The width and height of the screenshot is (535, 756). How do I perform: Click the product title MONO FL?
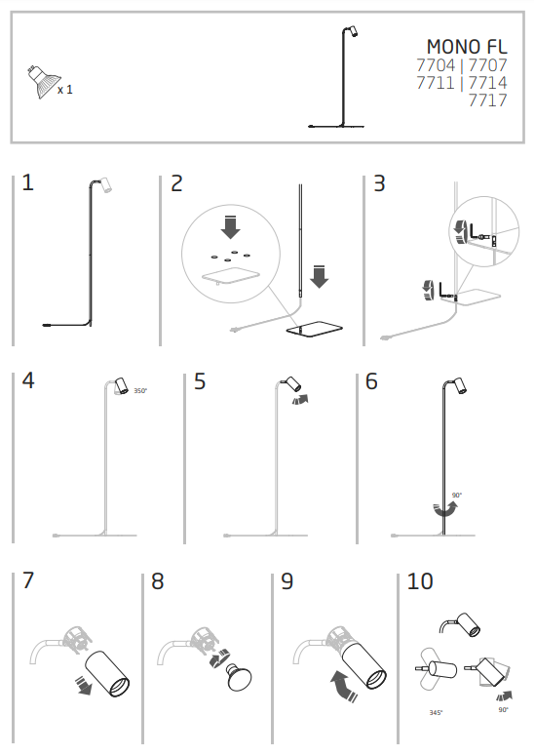tap(467, 47)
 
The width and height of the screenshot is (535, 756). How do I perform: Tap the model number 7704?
tap(436, 65)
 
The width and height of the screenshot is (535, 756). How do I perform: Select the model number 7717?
tap(488, 100)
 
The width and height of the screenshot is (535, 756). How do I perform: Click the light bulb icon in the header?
tap(43, 82)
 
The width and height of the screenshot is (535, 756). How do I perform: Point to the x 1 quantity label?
tap(65, 90)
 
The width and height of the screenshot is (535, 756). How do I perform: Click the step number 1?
tap(28, 182)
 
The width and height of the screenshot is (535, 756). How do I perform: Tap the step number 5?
tap(200, 381)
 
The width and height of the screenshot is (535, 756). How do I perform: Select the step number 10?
tap(420, 581)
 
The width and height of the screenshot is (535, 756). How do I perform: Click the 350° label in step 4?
tap(140, 390)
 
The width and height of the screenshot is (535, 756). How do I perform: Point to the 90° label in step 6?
tap(456, 496)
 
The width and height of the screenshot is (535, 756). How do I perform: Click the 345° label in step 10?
tap(436, 712)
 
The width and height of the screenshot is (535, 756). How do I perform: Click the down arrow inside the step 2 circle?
tap(230, 226)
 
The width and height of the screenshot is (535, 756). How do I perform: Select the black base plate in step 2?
tap(315, 330)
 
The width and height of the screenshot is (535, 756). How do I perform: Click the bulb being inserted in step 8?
tap(239, 677)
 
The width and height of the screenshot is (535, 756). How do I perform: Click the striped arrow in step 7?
tap(83, 685)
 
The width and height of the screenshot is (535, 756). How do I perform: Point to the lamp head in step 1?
tap(106, 184)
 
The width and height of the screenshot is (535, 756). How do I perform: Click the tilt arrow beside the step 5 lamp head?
tap(300, 399)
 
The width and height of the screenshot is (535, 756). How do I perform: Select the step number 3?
tap(379, 183)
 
